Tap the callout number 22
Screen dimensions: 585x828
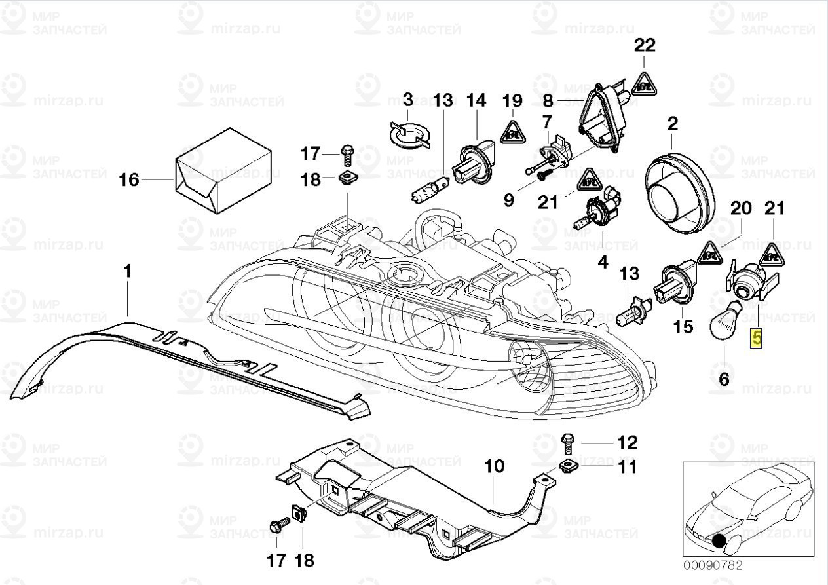point(644,46)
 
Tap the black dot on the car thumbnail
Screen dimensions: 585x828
point(720,541)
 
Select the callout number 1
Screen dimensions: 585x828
point(128,271)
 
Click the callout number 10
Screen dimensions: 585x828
point(495,467)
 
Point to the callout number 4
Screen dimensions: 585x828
point(603,263)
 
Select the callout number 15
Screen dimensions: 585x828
point(683,326)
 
